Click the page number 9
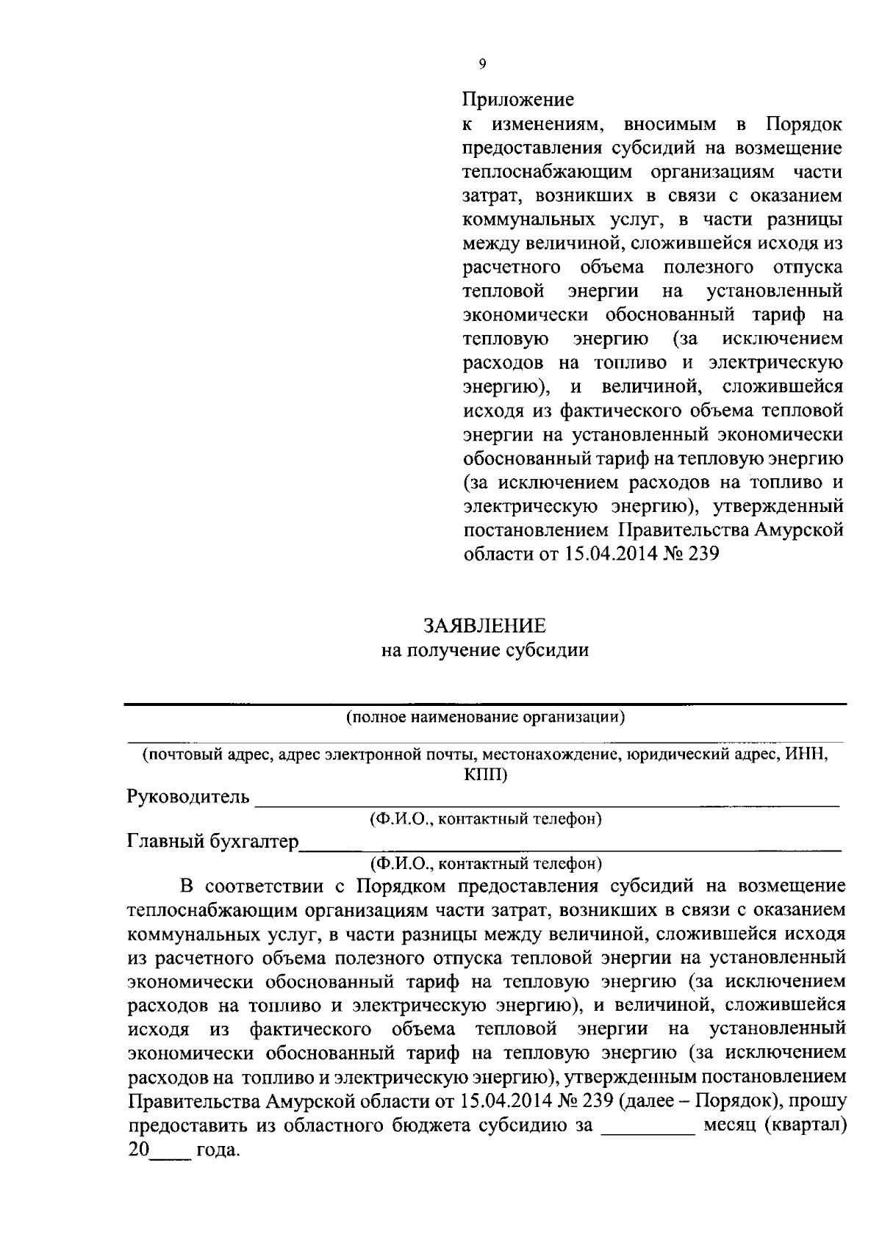(481, 64)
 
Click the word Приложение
(517, 98)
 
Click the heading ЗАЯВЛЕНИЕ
(484, 626)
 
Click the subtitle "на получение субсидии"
(484, 650)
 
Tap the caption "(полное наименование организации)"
(485, 717)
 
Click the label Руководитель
(188, 797)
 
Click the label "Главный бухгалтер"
(212, 841)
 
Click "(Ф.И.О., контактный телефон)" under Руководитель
(486, 818)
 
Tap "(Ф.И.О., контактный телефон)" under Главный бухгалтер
(486, 862)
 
